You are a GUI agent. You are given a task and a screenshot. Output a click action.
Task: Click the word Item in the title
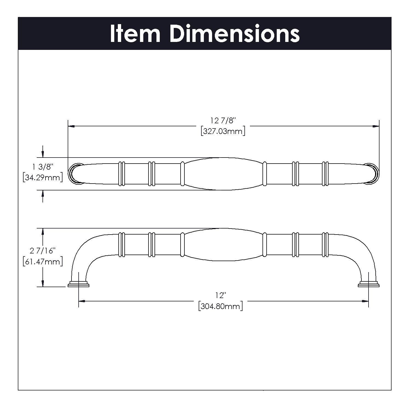pos(135,34)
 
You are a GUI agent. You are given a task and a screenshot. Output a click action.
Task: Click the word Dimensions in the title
pos(234,34)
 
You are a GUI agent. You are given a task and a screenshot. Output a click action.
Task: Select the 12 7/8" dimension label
pos(223,120)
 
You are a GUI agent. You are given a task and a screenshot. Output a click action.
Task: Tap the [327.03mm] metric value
pos(223,131)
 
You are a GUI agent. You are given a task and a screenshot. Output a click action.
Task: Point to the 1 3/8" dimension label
pos(42,167)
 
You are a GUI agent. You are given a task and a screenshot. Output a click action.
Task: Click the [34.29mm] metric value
pos(42,178)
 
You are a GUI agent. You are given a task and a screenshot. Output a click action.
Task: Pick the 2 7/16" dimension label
pos(42,250)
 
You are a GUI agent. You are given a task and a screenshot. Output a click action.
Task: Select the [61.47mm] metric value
pos(42,261)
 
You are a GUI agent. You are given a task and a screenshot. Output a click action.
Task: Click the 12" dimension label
pos(221,295)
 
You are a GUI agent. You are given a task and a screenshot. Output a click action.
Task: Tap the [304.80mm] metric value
pos(221,306)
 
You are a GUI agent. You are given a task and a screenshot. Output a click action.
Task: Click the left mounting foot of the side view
pos(79,284)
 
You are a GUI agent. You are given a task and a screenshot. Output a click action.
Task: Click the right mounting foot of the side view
pos(369,284)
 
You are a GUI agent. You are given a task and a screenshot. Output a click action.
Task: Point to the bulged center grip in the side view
pos(223,244)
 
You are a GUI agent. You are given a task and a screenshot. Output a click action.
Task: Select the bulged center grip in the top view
pos(223,174)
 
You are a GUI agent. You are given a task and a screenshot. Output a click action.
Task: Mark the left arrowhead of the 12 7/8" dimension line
pos(71,126)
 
